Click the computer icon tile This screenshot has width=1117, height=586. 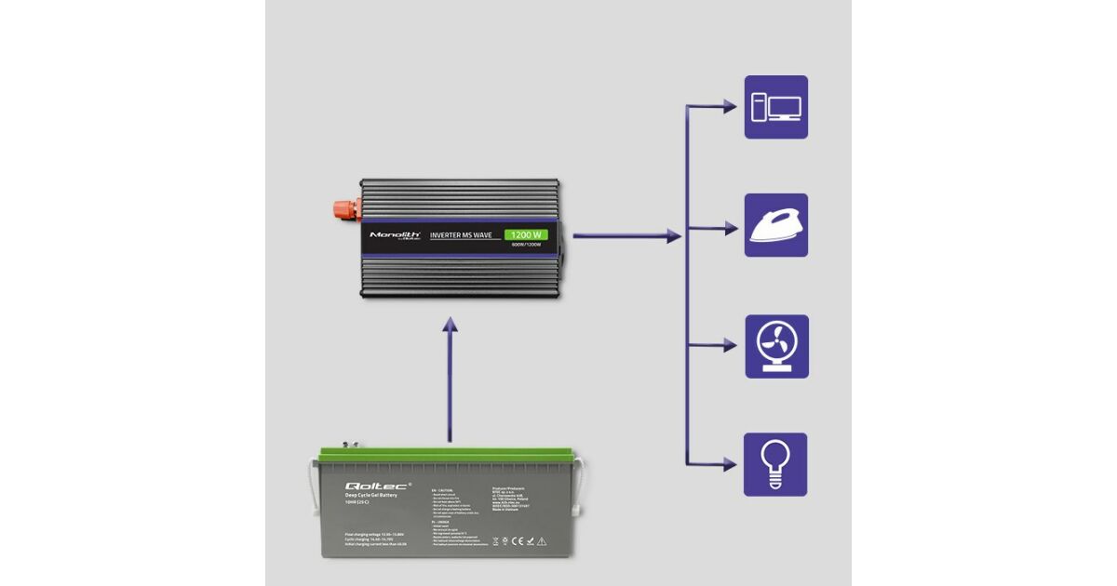pos(775,107)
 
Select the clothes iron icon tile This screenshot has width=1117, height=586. pos(775,225)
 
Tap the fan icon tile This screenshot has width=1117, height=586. pos(775,346)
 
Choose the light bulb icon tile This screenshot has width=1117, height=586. pos(775,464)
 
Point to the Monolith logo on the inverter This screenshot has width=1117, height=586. pos(396,236)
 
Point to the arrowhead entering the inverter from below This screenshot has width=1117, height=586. pos(450,325)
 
